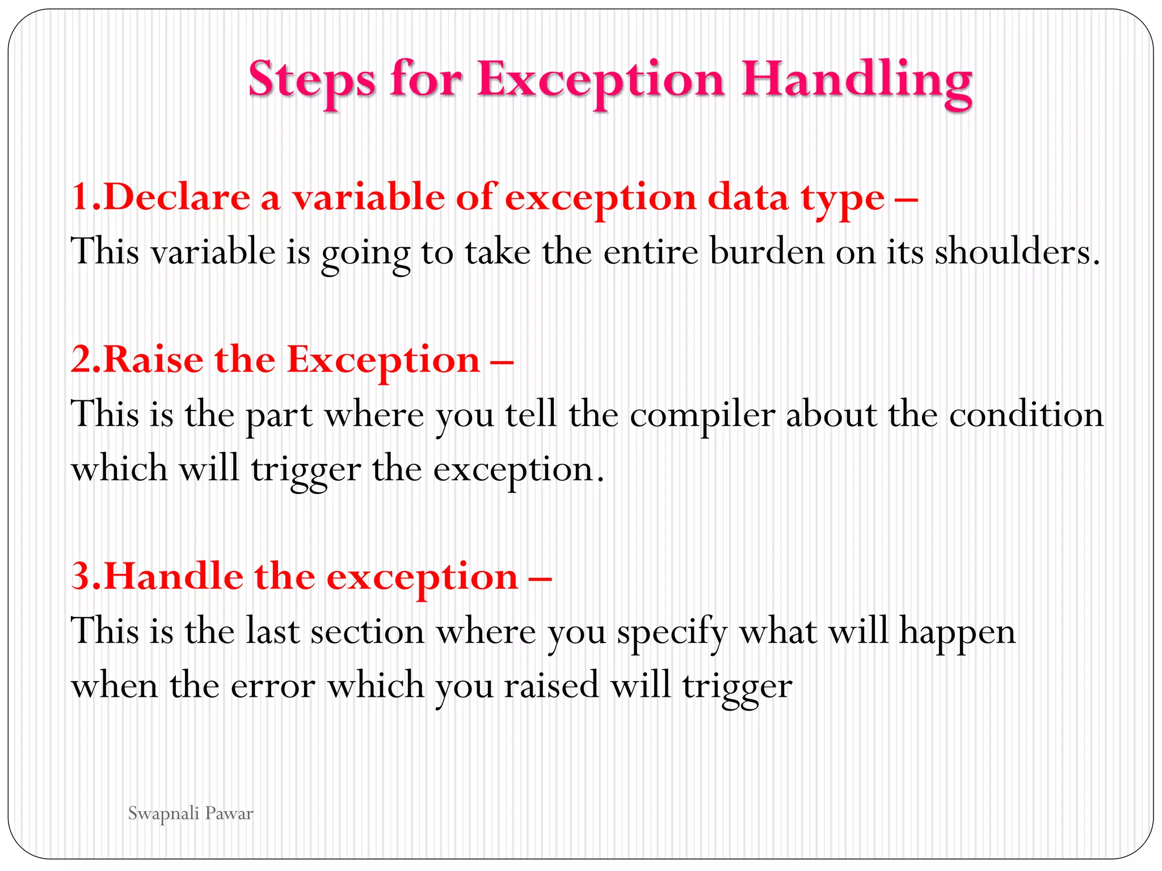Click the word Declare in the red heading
coord(176,197)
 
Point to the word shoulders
coord(1016,251)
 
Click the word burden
coord(767,251)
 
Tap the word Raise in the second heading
coord(153,360)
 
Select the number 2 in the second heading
coord(81,360)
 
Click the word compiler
coord(702,415)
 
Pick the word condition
coord(1026,415)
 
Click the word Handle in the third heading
coord(173,576)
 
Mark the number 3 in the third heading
coord(81,576)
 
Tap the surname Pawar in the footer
coord(229,814)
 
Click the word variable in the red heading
coord(368,197)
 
